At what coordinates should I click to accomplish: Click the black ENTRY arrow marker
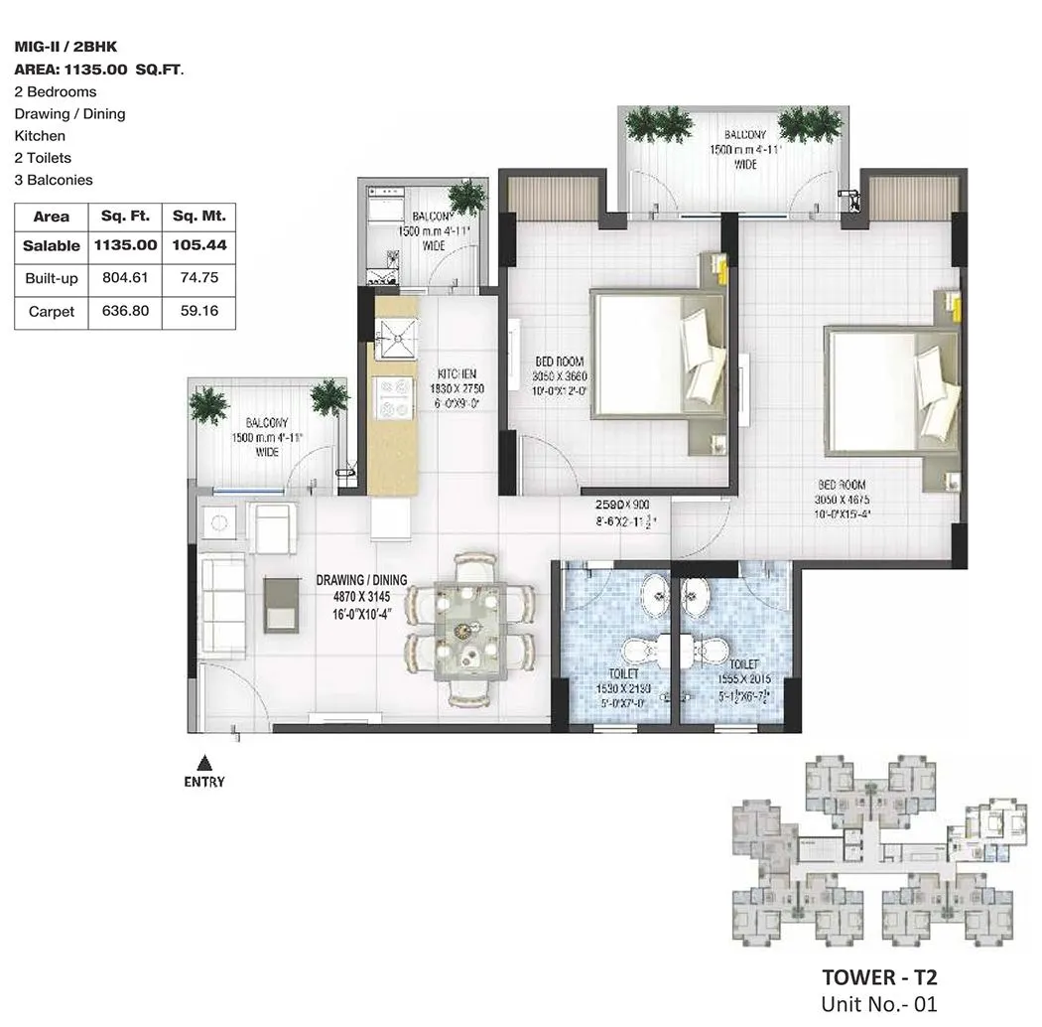click(204, 763)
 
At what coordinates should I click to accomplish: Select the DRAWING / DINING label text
click(361, 580)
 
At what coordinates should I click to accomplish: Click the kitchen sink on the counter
click(395, 337)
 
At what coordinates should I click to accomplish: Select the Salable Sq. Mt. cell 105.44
click(198, 245)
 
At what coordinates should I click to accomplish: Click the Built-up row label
click(52, 279)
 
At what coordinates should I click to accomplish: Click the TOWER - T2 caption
click(879, 977)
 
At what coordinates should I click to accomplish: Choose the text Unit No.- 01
click(879, 1004)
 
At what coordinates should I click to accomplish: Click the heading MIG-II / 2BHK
click(66, 47)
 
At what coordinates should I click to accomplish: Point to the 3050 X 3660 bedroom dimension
click(560, 377)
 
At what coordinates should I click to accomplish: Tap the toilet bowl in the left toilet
click(636, 652)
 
